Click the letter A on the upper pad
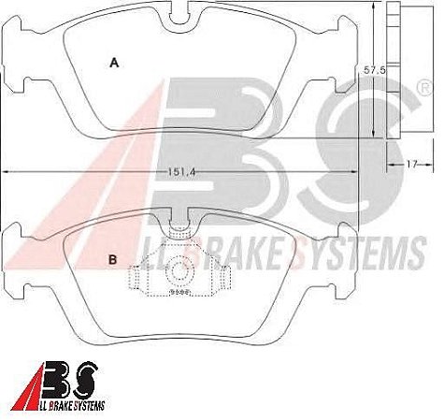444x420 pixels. [114, 64]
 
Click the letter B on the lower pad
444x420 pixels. [113, 261]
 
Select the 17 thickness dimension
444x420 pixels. [410, 165]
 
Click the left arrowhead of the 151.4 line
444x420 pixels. [6, 171]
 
